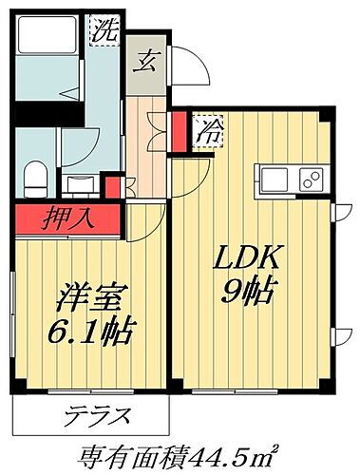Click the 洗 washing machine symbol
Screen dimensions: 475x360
(104, 29)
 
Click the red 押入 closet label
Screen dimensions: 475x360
(68, 219)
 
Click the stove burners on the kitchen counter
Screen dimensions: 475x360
(309, 179)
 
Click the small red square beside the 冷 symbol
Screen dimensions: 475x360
(180, 123)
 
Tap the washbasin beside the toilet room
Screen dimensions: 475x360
(81, 180)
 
